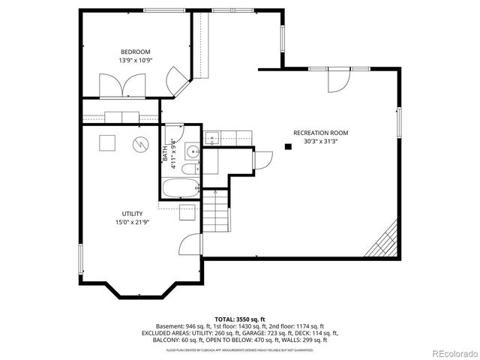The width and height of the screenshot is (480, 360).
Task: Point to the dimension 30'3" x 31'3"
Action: click(x=320, y=142)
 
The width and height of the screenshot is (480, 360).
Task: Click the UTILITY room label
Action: click(x=132, y=214)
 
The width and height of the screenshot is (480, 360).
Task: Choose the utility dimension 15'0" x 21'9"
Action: click(x=132, y=223)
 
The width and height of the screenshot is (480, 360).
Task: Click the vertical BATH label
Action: click(x=166, y=151)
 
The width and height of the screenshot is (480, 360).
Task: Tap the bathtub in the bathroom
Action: click(x=180, y=187)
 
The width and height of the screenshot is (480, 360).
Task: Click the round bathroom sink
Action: click(x=193, y=152)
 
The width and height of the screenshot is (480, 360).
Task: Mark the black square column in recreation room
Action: click(x=288, y=147)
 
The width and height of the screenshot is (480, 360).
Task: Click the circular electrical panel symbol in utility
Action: click(x=139, y=143)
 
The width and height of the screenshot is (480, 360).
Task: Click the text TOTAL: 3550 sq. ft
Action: click(x=239, y=319)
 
